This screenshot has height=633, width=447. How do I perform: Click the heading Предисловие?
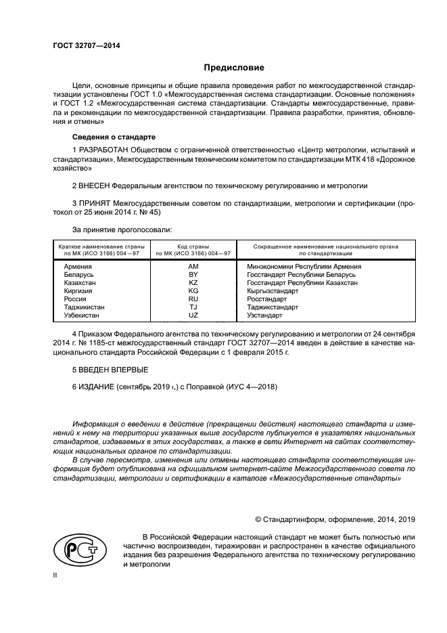tap(235, 68)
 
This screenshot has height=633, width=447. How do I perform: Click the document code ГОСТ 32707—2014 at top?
tap(81, 46)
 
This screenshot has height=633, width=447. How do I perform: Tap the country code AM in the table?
tap(193, 267)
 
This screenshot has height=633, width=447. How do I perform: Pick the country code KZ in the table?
tap(193, 283)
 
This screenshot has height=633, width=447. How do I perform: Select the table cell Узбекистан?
tap(81, 315)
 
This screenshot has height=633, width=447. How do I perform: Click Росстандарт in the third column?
tap(267, 299)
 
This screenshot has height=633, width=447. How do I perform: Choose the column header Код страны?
tap(193, 246)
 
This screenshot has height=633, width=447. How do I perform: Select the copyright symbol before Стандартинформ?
tap(258, 519)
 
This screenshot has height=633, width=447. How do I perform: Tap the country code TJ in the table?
tap(193, 307)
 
